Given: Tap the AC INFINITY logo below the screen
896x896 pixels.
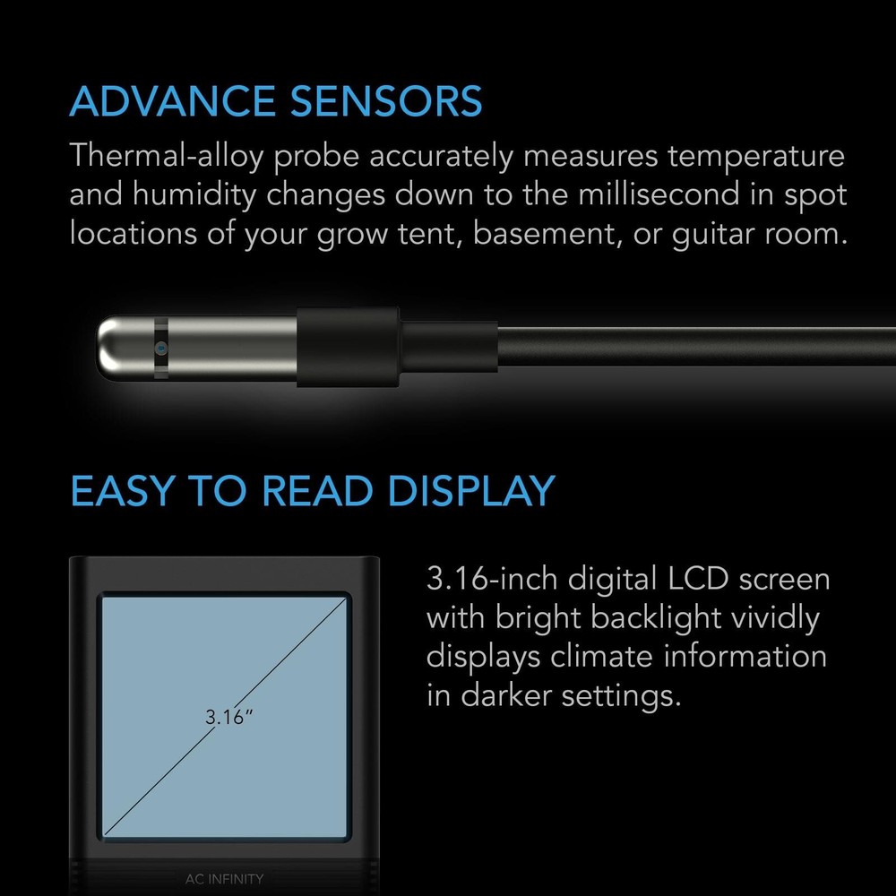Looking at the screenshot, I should tap(223, 879).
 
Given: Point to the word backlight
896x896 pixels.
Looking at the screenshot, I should tap(631, 618).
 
